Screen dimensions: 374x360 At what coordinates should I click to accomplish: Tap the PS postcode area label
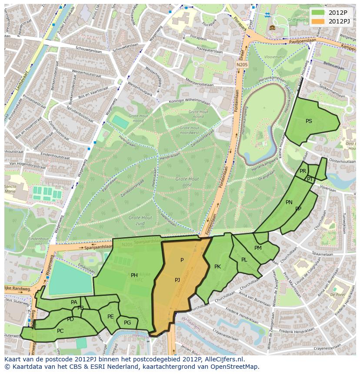309,121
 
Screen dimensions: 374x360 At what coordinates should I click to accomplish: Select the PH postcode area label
134,275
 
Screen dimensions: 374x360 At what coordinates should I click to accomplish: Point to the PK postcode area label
217,266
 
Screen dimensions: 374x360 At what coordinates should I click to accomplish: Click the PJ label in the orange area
177,280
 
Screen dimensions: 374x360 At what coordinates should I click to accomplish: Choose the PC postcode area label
60,331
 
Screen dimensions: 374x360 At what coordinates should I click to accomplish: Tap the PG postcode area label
127,322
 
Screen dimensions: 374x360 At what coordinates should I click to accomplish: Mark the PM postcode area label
258,248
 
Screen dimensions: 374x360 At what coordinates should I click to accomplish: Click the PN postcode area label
289,202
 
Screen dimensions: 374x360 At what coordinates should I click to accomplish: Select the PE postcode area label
110,316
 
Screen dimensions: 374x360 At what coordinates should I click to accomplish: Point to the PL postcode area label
244,259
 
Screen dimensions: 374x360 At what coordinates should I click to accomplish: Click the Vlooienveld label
273,57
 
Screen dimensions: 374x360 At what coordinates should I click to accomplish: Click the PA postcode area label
74,302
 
